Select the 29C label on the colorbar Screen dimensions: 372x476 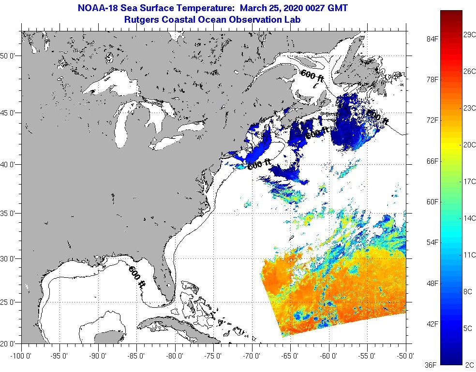coord(469,35)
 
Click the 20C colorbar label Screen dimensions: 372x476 coord(469,144)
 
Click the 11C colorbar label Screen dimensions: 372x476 coord(469,254)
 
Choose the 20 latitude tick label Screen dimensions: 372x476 coord(10,343)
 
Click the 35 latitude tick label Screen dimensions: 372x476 coord(10,213)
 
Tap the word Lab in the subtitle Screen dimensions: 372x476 coord(293,19)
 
